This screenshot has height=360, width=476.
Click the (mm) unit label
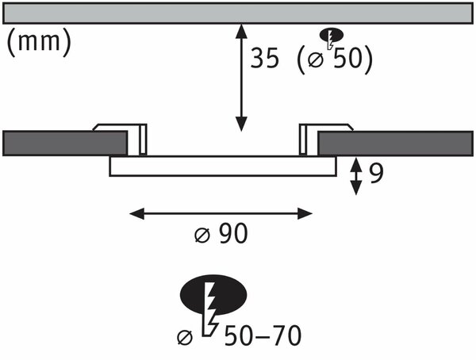point(39,42)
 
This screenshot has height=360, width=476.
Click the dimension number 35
point(264,58)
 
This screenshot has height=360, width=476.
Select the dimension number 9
point(376,174)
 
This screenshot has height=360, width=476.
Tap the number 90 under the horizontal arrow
point(233,233)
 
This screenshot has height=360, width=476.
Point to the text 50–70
point(263,335)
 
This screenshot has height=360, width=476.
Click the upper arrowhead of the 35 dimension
point(241,31)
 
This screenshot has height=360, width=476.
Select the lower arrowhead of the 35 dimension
point(241,124)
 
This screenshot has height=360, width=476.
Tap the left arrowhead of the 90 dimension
point(137,213)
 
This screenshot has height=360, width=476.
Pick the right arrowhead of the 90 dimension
point(305,213)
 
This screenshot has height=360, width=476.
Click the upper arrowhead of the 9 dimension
point(355,164)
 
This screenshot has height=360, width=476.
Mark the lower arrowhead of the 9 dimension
point(355,188)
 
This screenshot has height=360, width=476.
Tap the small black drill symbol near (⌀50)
point(332,36)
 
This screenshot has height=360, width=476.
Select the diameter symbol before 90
point(202,235)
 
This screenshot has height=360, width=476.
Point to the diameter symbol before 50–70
point(185,337)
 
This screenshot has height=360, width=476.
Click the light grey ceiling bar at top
point(238,13)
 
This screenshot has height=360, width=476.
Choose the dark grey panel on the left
point(65,144)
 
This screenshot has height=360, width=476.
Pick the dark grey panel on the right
point(396,144)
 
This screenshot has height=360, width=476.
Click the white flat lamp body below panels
point(223,166)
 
